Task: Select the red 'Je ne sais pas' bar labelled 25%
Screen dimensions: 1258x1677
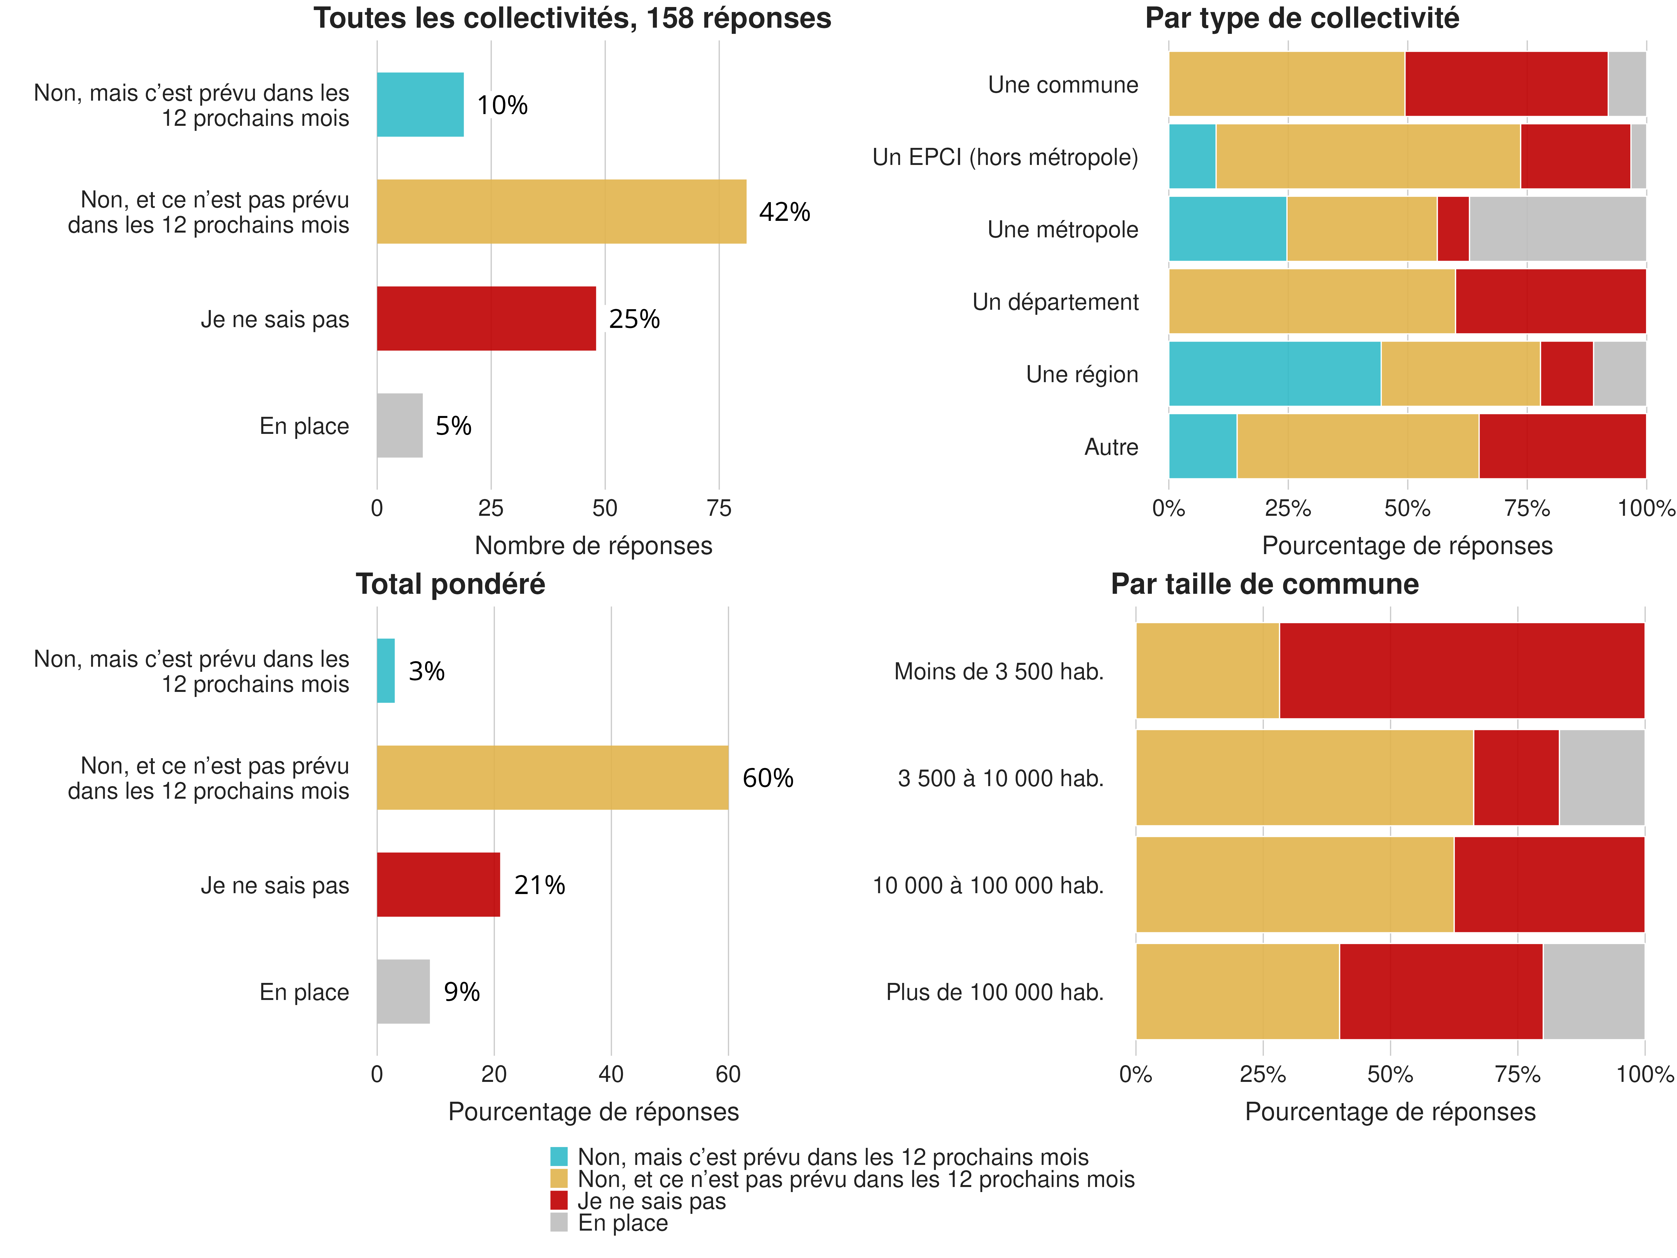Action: point(486,318)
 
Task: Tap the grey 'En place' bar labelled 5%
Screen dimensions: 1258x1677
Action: point(399,425)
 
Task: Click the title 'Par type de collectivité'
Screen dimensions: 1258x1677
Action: point(1302,18)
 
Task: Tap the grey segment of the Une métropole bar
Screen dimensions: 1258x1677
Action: point(1557,229)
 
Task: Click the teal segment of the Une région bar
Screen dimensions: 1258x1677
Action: point(1275,374)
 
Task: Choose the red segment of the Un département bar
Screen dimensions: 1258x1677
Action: point(1550,301)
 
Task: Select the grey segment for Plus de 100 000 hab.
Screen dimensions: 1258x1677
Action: point(1594,991)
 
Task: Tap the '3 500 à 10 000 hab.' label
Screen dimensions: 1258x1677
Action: point(1000,778)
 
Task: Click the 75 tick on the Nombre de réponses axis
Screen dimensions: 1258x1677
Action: point(719,508)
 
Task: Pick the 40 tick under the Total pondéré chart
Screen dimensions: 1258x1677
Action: point(611,1074)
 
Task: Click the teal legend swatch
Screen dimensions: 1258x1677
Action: point(559,1157)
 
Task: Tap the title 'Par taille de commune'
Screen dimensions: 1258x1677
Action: point(1264,584)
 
